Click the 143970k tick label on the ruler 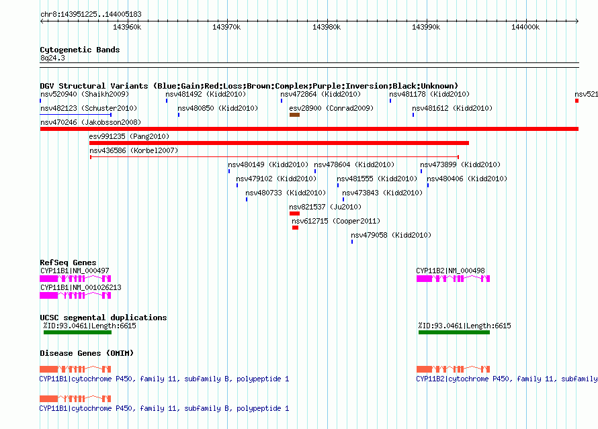coord(226,27)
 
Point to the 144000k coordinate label coord(525,27)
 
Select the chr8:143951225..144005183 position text coord(91,15)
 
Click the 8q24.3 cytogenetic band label coord(52,58)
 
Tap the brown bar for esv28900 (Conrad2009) coord(294,115)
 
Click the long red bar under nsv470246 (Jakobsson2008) coord(309,129)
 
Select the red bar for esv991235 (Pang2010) coord(279,143)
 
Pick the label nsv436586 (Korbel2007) coord(134,150)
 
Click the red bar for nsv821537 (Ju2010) coord(294,213)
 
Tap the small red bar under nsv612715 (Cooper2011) coord(295,228)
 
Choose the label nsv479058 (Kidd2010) coord(391,235)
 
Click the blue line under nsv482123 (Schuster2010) coord(75,115)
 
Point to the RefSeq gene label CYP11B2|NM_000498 coord(450,271)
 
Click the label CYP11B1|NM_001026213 coord(81,287)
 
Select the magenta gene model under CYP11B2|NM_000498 coord(453,279)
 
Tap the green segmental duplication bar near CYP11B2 coord(454,332)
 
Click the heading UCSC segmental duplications coord(103,318)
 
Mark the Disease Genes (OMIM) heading coord(87,353)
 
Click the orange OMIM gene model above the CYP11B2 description coord(453,369)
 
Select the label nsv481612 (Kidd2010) coord(452,108)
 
